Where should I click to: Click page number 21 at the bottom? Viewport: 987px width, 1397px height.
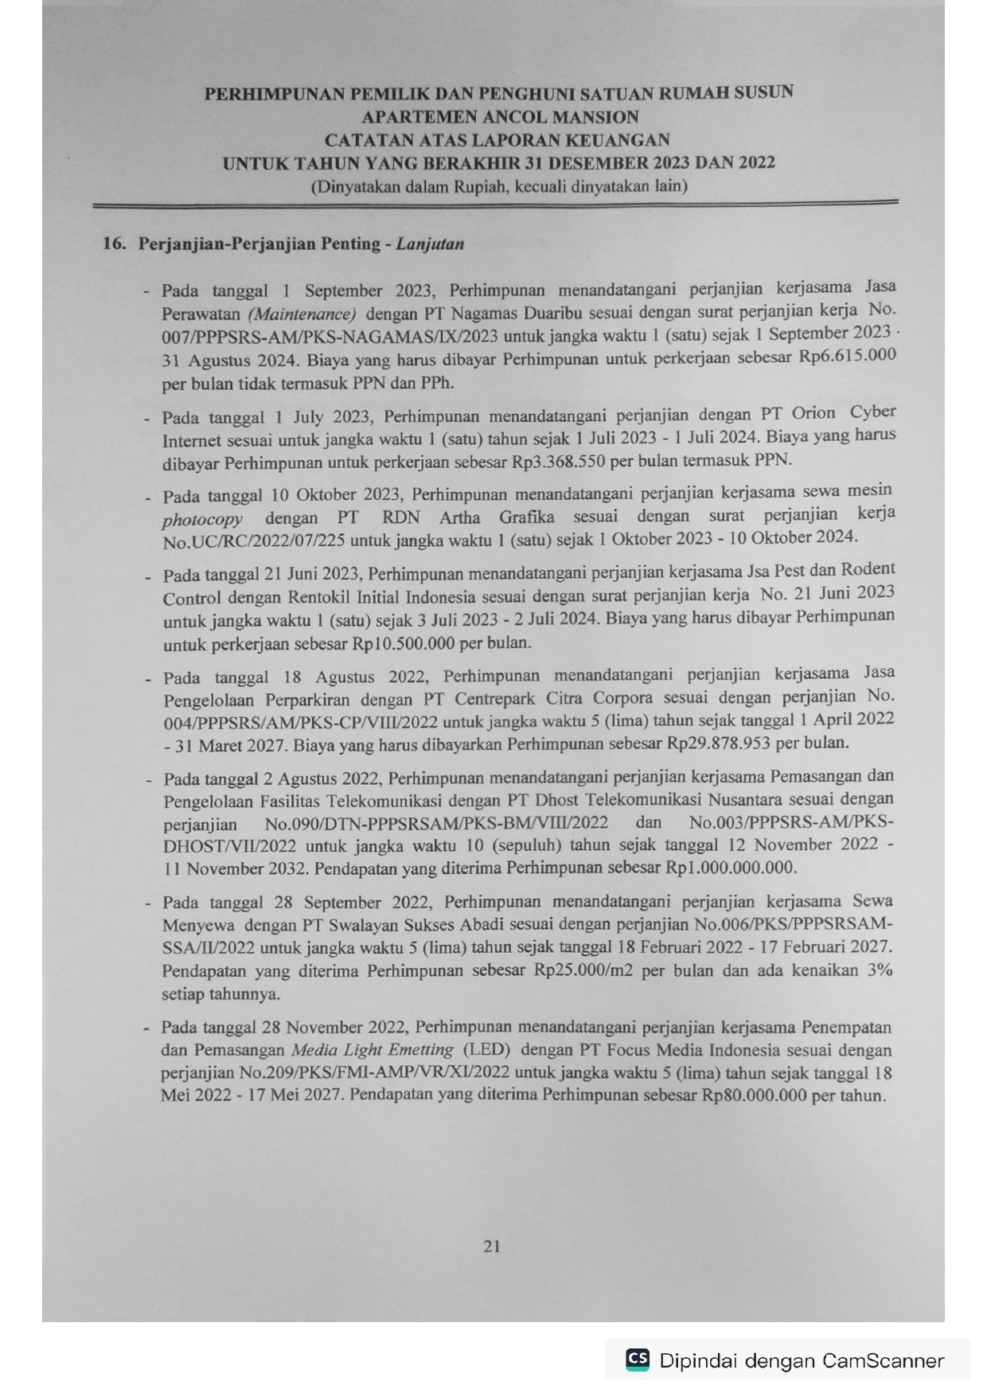[491, 1246]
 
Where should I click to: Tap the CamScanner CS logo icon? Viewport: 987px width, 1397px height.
[638, 1359]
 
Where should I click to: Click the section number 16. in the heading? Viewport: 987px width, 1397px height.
[114, 244]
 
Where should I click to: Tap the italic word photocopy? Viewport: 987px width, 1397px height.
[202, 520]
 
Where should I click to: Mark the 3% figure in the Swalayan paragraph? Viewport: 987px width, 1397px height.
[878, 970]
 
